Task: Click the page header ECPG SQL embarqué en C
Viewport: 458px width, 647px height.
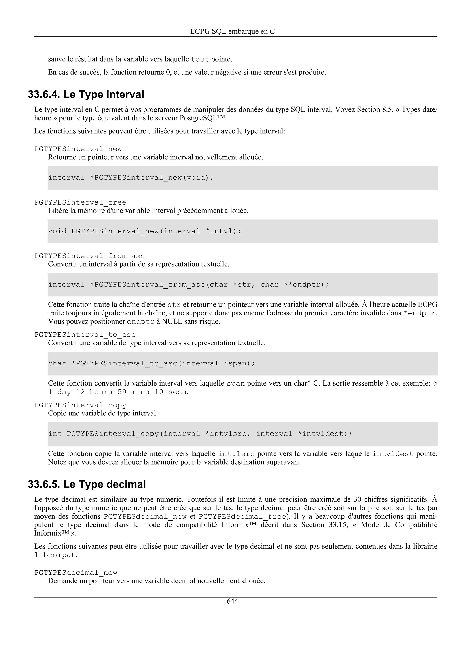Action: pyautogui.click(x=232, y=31)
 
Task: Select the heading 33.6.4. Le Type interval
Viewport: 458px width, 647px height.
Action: pyautogui.click(x=86, y=94)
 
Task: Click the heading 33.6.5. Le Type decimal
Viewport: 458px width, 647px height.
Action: pyautogui.click(x=87, y=484)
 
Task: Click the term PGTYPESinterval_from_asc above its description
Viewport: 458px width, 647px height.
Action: pyautogui.click(x=89, y=256)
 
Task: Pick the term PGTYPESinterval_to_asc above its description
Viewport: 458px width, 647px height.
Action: pyautogui.click(x=85, y=335)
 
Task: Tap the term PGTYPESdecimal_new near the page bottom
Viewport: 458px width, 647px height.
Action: pyautogui.click(x=76, y=573)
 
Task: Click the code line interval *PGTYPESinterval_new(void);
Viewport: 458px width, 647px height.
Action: pyautogui.click(x=131, y=178)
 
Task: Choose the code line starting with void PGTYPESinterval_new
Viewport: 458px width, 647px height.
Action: pyautogui.click(x=144, y=231)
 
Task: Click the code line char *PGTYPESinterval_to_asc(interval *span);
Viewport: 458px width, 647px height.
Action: pyautogui.click(x=152, y=363)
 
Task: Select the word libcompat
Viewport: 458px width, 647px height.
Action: pyautogui.click(x=55, y=555)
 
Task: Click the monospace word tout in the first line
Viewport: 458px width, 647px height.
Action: pyautogui.click(x=200, y=59)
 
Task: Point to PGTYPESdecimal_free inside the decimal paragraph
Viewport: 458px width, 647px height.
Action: pyautogui.click(x=242, y=517)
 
